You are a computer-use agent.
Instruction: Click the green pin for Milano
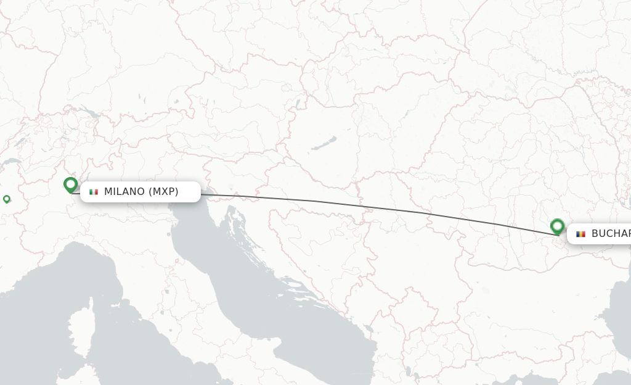click(70, 184)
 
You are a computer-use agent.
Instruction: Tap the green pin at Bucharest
click(557, 226)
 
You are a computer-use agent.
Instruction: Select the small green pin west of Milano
click(7, 199)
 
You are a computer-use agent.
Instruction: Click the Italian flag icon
click(94, 192)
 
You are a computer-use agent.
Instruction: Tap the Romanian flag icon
click(580, 234)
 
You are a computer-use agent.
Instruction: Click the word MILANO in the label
click(124, 192)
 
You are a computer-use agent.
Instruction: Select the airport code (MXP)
click(163, 192)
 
